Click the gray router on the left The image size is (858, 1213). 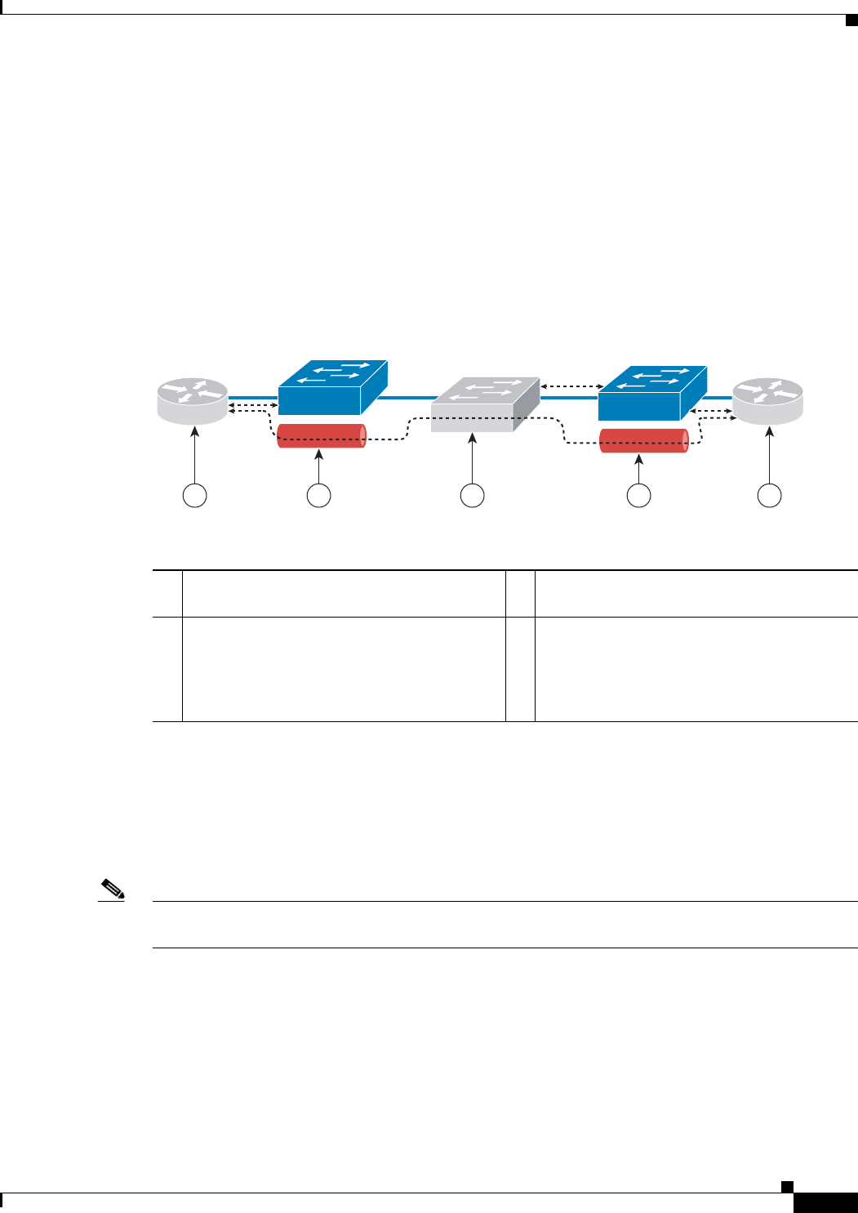(193, 401)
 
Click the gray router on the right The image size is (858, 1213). (767, 401)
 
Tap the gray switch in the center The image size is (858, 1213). (485, 404)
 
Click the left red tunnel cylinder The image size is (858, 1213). (322, 435)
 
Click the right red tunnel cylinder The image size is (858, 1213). (643, 440)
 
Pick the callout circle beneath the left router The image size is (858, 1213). (194, 495)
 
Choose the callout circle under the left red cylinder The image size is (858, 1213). (318, 495)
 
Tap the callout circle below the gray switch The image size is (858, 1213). (472, 495)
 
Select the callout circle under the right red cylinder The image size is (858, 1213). (638, 495)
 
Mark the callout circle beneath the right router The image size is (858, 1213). (769, 495)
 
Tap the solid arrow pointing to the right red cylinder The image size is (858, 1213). (638, 470)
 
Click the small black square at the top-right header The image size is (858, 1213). (850, 20)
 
